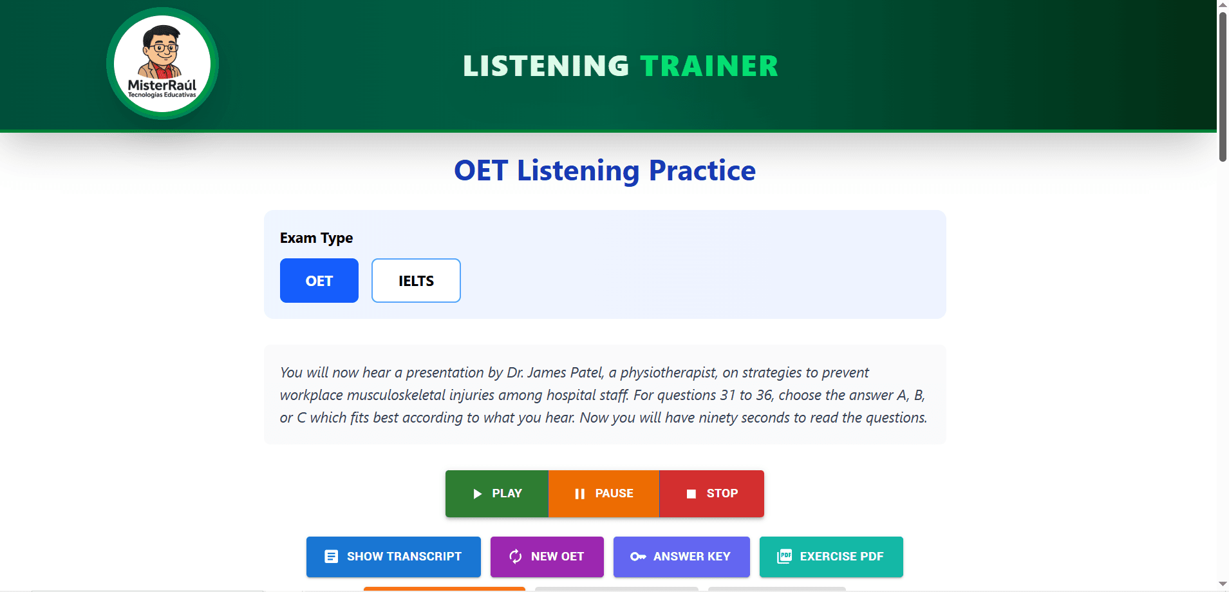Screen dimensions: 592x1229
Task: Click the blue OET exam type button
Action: [x=319, y=281]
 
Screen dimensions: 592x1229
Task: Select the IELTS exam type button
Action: [x=416, y=281]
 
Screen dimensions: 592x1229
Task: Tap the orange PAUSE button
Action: [x=603, y=493]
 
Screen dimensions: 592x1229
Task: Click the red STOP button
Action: [x=711, y=493]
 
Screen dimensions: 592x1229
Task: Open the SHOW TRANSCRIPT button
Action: [x=393, y=557]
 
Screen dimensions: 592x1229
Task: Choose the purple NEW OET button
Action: [x=547, y=557]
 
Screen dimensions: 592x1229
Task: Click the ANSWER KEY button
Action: [x=681, y=557]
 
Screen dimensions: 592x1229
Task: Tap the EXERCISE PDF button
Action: [x=830, y=557]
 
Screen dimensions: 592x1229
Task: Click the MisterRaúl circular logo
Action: [x=162, y=64]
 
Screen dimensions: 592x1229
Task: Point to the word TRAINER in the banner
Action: [x=709, y=66]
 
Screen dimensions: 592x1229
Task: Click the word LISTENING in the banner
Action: [x=545, y=66]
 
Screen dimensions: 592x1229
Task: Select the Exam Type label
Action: [x=316, y=238]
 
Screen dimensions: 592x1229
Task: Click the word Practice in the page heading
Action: [x=702, y=171]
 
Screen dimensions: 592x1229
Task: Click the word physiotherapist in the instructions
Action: [x=668, y=373]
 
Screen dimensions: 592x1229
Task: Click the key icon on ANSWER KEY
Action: [x=637, y=557]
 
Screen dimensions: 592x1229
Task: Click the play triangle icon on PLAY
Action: [x=477, y=494]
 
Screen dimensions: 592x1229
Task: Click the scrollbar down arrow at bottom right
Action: [x=1223, y=584]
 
